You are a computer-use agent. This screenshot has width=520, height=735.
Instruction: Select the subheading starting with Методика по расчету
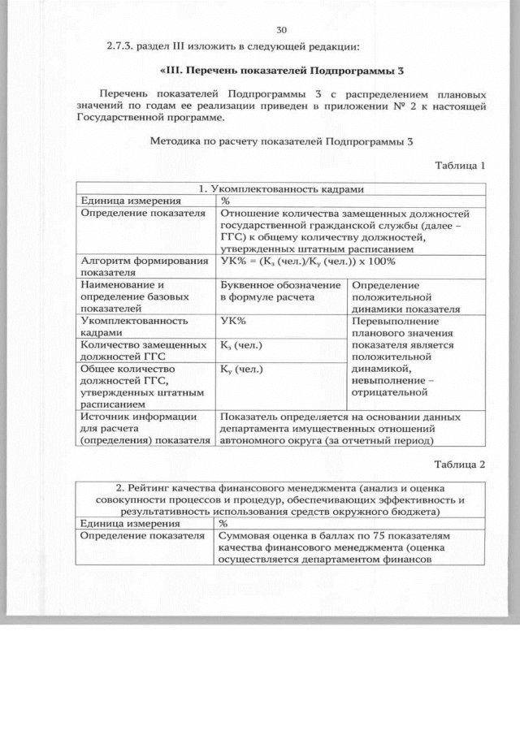282,141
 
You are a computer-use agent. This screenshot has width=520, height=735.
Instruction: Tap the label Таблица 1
460,165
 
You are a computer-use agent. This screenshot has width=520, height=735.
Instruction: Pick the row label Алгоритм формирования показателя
144,267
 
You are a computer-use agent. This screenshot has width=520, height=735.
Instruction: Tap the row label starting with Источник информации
144,428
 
